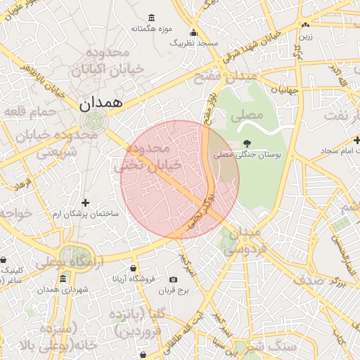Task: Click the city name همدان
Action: coord(101,103)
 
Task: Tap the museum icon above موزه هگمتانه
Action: coord(151,18)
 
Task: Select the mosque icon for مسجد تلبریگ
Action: coord(194,32)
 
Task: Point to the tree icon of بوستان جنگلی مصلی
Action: coord(246,143)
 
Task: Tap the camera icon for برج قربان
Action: coord(174,279)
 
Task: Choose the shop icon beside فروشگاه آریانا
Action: coord(134,268)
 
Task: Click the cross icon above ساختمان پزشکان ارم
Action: coord(86,202)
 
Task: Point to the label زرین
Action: coord(305,34)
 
